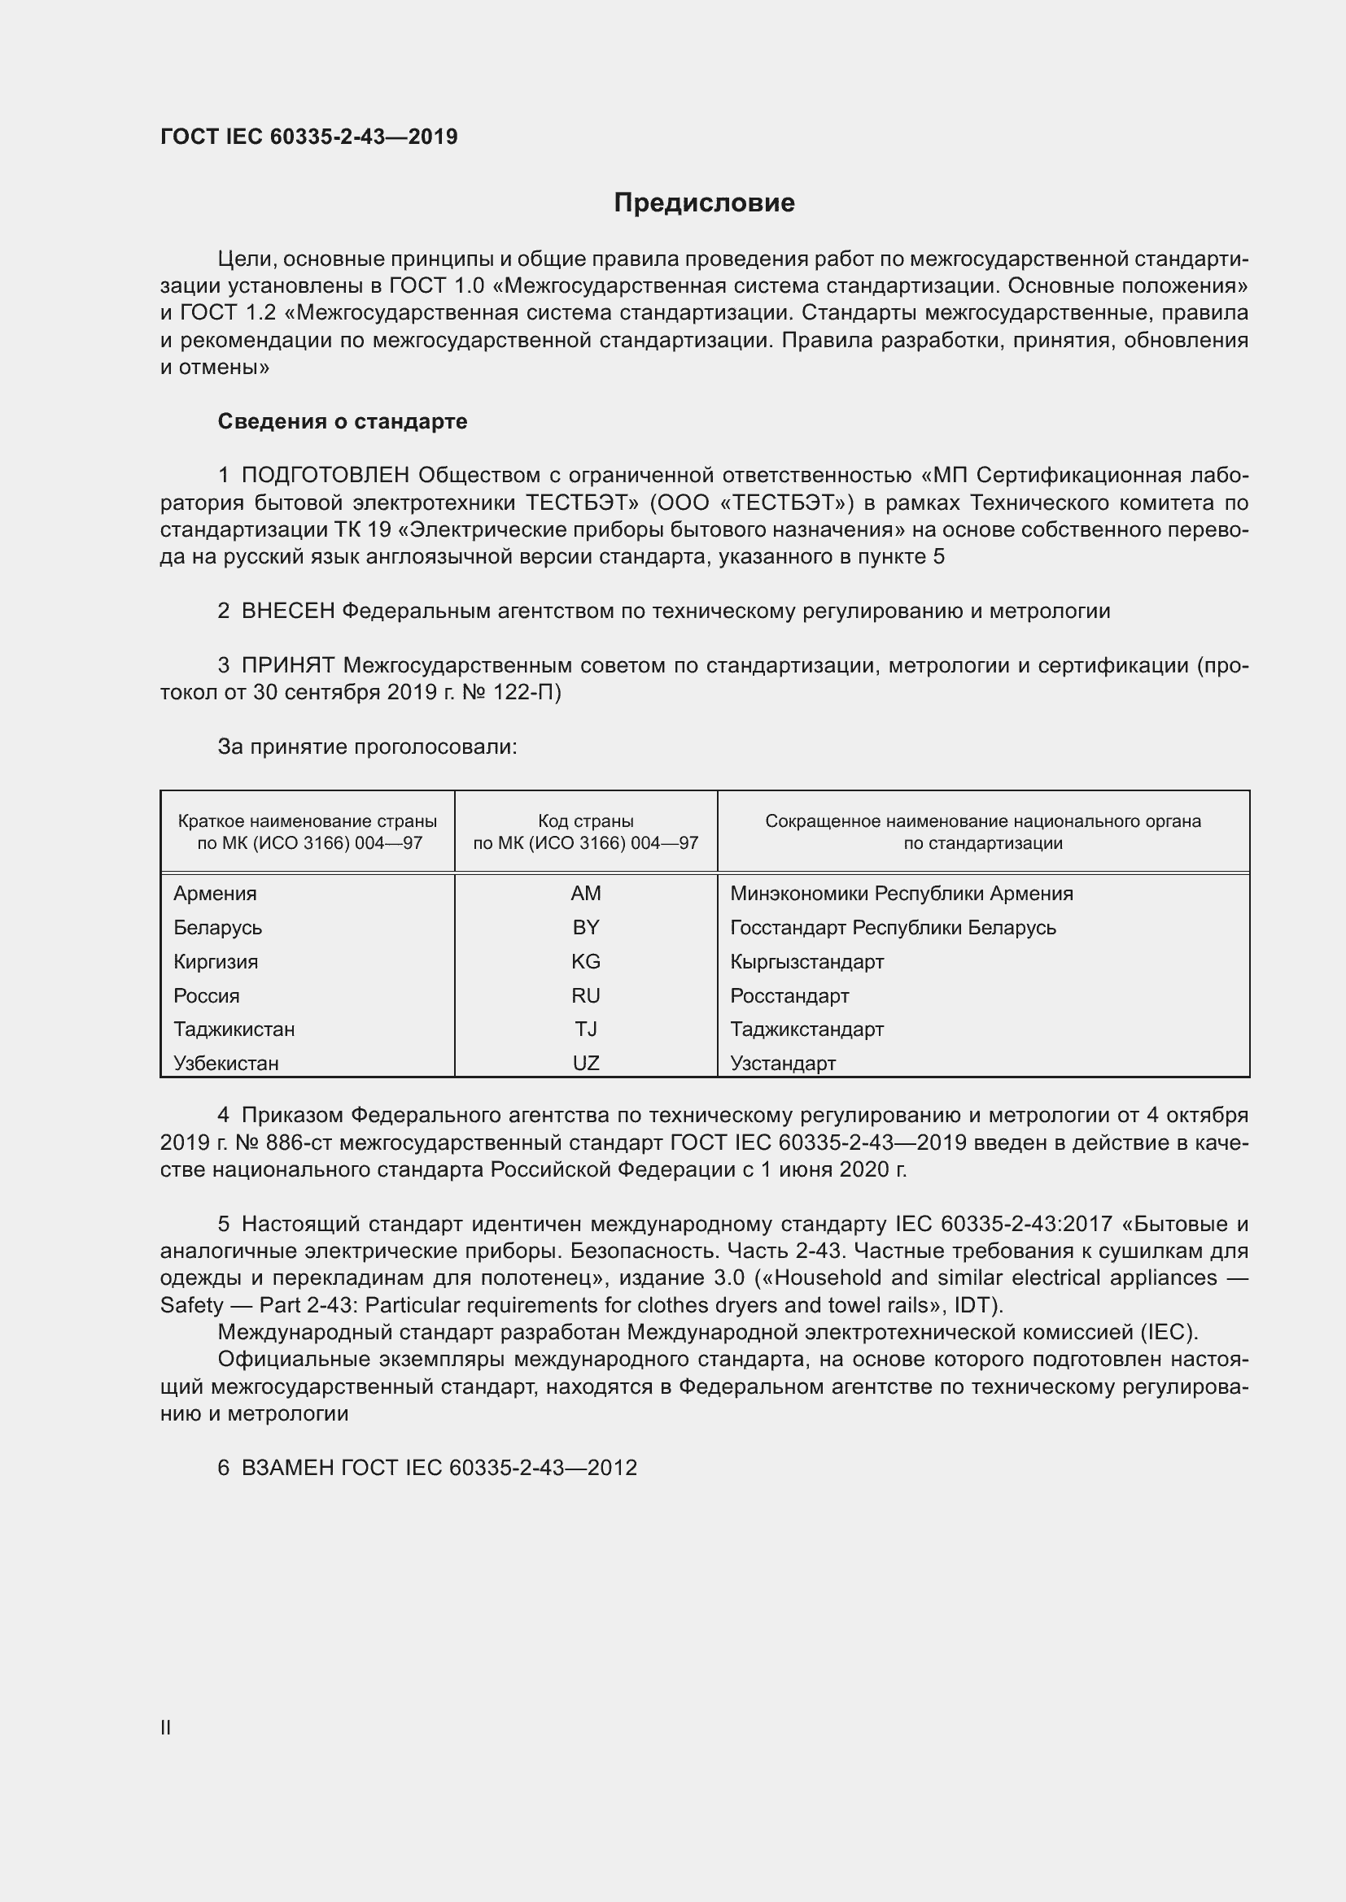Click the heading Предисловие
(704, 203)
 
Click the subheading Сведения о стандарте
(343, 422)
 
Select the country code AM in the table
(585, 893)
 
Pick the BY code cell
(585, 927)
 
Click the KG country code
(585, 961)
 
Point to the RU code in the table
(585, 995)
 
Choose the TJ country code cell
(585, 1029)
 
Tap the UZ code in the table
(585, 1063)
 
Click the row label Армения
(215, 893)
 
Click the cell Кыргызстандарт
(806, 961)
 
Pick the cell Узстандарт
(782, 1063)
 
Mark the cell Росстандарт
(789, 995)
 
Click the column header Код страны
(585, 821)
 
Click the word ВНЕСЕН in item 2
(287, 612)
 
